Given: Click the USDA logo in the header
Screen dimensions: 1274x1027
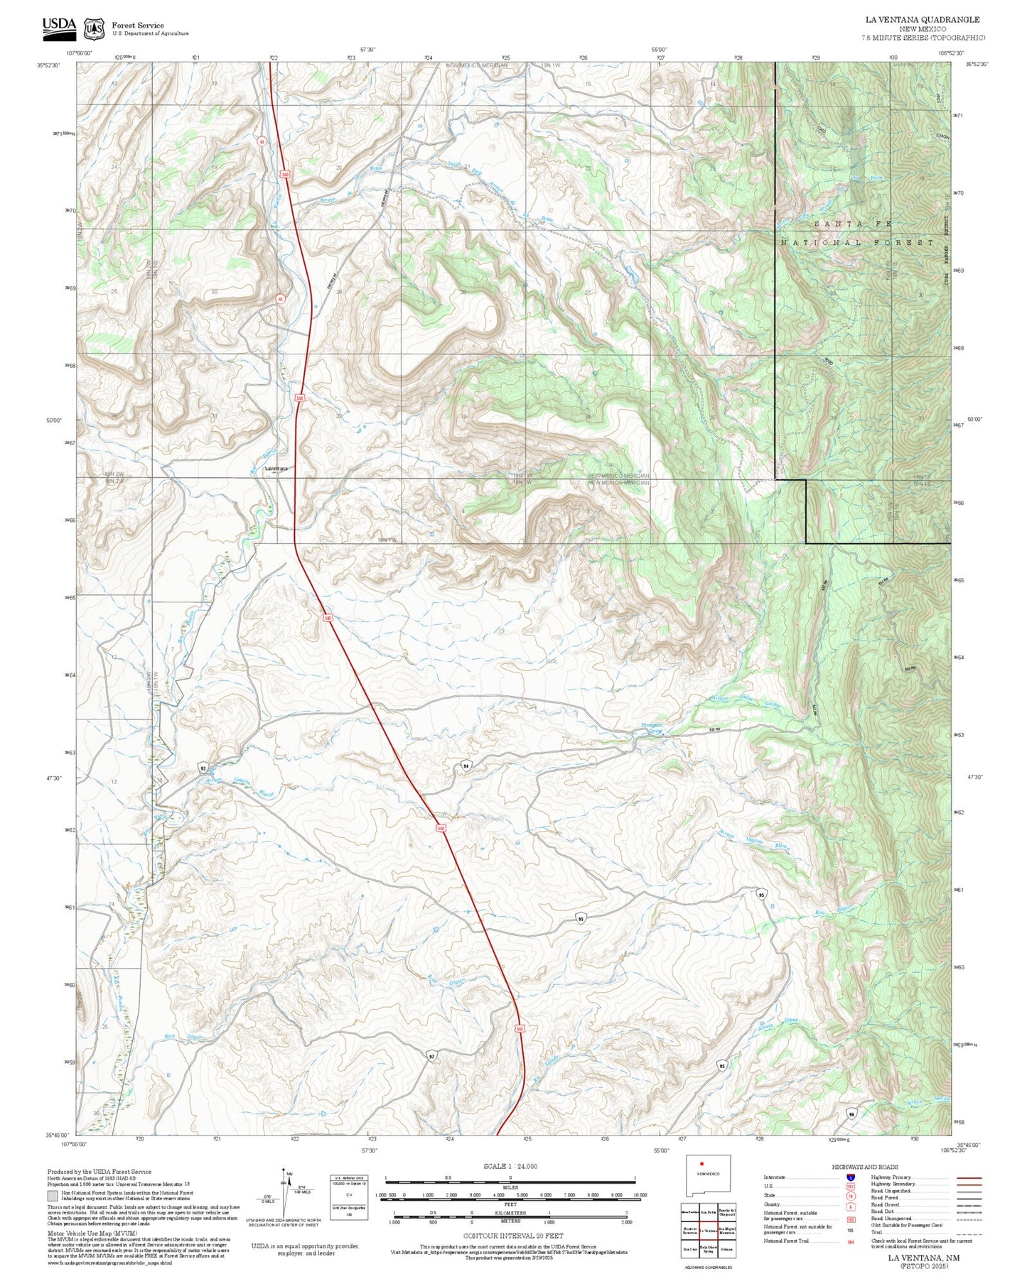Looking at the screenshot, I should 59,26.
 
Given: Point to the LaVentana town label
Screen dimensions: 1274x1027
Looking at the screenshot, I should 276,469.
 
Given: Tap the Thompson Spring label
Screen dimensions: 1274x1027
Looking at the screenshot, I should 651,728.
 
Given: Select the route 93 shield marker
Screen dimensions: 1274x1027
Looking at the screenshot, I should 203,768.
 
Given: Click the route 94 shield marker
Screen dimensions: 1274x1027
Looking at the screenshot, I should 466,766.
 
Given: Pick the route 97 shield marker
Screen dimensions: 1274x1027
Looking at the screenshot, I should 431,1057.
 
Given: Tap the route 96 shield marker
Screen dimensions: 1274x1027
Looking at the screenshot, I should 851,1114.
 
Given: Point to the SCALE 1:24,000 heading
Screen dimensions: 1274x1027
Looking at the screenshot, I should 510,1167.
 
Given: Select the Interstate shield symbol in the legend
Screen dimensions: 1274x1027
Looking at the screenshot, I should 851,1177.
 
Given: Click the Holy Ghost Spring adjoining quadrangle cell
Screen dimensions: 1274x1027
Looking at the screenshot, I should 708,1249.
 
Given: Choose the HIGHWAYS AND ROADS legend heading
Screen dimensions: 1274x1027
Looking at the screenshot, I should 865,1167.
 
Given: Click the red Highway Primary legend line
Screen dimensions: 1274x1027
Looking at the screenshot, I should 969,1177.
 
